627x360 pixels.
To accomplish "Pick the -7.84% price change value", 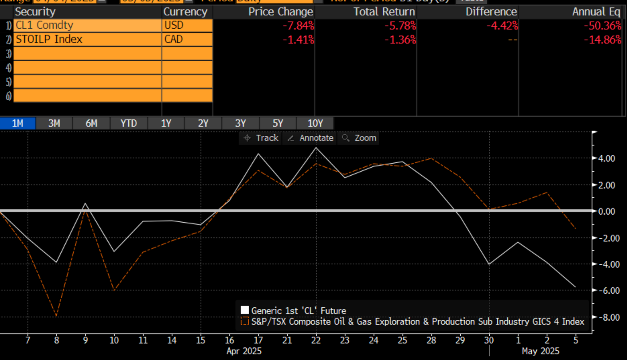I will pyautogui.click(x=298, y=25).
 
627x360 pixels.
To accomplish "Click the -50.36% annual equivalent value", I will pyautogui.click(x=602, y=25).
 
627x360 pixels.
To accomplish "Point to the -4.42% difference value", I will pyautogui.click(x=502, y=25).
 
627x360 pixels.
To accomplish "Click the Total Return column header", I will pyautogui.click(x=384, y=12).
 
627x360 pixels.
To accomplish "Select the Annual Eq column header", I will pyautogui.click(x=597, y=12).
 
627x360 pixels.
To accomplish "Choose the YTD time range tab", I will pyautogui.click(x=128, y=123).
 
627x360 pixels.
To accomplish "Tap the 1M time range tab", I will pyautogui.click(x=17, y=123).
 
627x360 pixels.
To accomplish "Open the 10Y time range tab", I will pyautogui.click(x=315, y=123).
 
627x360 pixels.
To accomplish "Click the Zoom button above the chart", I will pyautogui.click(x=360, y=138).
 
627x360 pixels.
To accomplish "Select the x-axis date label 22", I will pyautogui.click(x=316, y=340).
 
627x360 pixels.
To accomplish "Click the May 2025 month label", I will pyautogui.click(x=540, y=351).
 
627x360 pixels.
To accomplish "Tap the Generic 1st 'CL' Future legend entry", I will pyautogui.click(x=298, y=311).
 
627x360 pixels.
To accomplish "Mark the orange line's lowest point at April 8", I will pyautogui.click(x=56, y=316).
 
